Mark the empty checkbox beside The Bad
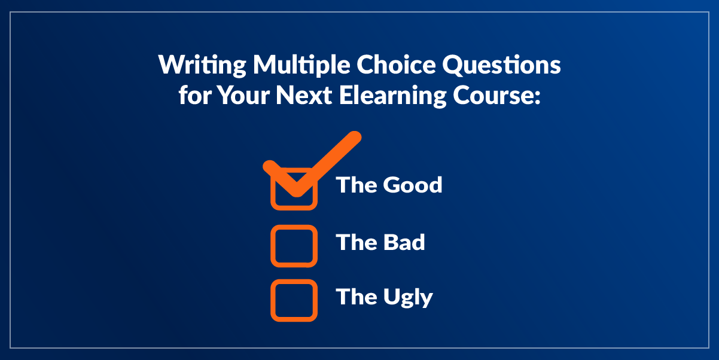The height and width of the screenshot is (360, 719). coord(294,246)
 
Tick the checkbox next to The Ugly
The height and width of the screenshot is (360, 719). coord(294,300)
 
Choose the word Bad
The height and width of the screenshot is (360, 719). coord(403,242)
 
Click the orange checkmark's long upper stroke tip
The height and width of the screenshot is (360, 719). coord(355,138)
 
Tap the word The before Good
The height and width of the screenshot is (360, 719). coord(356,185)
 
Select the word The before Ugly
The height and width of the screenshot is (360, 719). coord(356,297)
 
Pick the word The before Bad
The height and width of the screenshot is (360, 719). coord(356,242)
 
